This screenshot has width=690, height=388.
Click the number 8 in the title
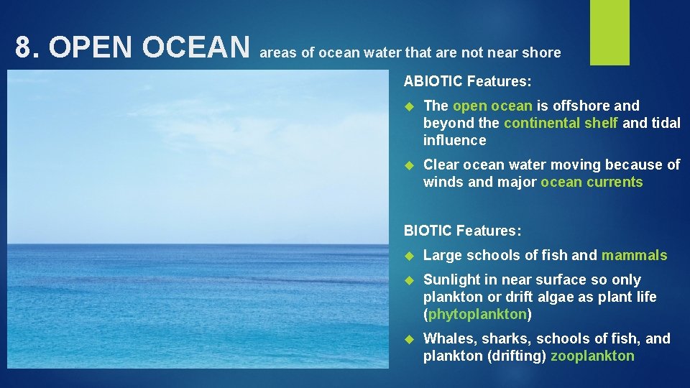coord(24,48)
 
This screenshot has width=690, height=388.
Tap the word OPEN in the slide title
coord(91,48)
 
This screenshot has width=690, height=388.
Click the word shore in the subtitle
coord(542,52)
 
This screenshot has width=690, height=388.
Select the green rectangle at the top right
coord(609,32)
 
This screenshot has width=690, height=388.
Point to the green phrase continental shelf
coord(561,123)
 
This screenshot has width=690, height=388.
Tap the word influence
coord(454,140)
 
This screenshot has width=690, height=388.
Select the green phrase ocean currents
coord(592,182)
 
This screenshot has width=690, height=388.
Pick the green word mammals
coord(634,255)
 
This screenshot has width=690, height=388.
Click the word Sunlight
coord(452,280)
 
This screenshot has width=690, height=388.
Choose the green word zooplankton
coord(593,356)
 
